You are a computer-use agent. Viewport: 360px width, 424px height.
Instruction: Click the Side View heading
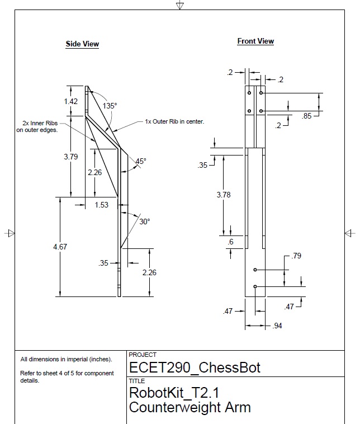click(82, 44)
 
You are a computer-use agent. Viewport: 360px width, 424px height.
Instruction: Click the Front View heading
click(255, 41)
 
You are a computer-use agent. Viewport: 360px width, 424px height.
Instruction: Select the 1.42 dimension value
click(70, 101)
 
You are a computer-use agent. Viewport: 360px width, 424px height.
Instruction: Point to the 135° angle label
click(110, 105)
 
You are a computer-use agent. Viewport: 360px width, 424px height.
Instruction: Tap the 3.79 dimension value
click(70, 157)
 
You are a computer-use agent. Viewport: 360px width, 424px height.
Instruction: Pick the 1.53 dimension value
click(101, 205)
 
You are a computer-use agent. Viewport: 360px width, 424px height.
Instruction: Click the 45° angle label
click(140, 161)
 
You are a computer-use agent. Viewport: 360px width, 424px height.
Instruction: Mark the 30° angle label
click(144, 222)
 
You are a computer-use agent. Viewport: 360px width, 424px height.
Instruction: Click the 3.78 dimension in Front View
click(224, 195)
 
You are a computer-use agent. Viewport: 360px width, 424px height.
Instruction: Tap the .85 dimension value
click(307, 116)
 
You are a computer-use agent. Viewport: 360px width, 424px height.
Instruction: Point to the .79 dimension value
click(297, 256)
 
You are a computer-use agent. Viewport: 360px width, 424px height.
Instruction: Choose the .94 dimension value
click(276, 326)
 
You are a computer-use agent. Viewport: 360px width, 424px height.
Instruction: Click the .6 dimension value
click(230, 242)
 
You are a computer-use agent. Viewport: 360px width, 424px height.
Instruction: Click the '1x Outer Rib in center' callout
click(174, 121)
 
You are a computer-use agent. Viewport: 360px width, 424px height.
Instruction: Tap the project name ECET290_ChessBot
click(195, 368)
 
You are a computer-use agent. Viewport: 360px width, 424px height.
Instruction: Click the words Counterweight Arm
click(190, 407)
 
